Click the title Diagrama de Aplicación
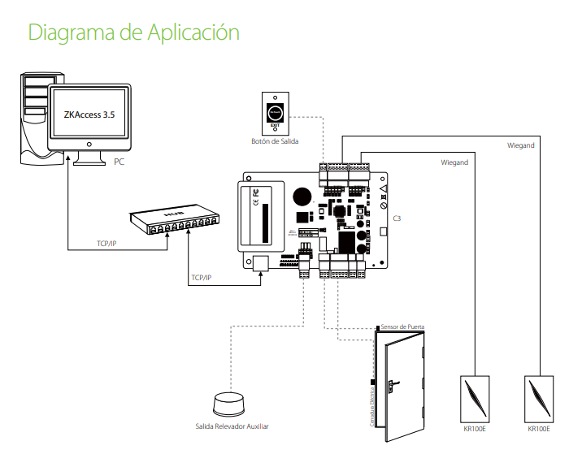[x=134, y=32]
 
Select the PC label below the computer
[x=119, y=162]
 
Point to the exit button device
[x=276, y=112]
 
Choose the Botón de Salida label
[x=274, y=141]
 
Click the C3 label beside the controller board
[x=397, y=219]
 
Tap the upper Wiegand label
[x=520, y=145]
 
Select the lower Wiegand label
[x=454, y=163]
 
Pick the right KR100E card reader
[x=538, y=398]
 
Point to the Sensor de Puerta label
[x=402, y=326]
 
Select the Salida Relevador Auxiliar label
[x=232, y=426]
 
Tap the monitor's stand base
[x=89, y=161]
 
